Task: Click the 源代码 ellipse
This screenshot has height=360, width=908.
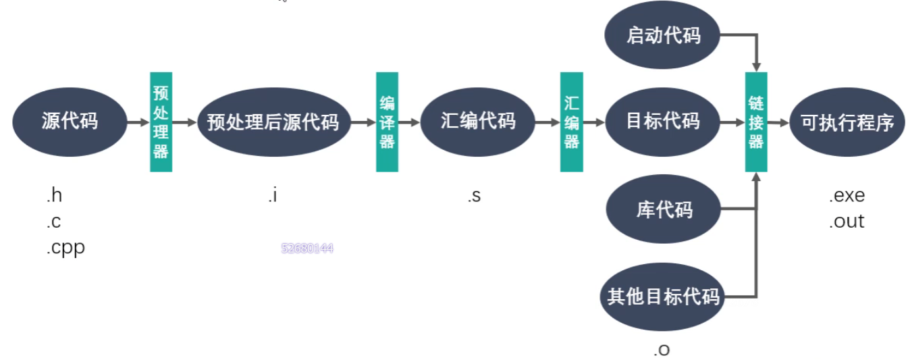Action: [70, 122]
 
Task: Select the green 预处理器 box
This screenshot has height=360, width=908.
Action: [161, 122]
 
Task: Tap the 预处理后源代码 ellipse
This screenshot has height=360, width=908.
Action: [273, 122]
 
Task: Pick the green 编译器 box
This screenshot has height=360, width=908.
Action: [387, 122]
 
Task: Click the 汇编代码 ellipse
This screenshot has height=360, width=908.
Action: [477, 122]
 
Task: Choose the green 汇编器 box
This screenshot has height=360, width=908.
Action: [571, 122]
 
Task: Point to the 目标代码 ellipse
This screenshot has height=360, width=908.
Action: [662, 122]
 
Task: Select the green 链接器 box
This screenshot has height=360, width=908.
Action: [756, 122]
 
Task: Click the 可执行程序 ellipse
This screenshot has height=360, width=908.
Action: [847, 122]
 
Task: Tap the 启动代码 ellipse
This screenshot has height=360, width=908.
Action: [662, 34]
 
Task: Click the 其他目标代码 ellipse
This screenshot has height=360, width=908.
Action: [662, 297]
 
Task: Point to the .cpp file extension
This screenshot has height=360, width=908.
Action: [65, 248]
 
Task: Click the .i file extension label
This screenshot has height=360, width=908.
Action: [272, 197]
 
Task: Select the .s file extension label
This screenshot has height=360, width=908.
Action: [474, 197]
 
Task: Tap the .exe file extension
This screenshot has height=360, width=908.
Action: [847, 197]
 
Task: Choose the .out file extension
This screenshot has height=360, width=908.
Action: [847, 222]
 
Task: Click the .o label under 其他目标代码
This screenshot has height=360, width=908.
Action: [662, 349]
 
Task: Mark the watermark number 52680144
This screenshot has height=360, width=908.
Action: [307, 249]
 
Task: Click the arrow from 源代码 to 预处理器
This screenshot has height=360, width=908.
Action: [138, 123]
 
